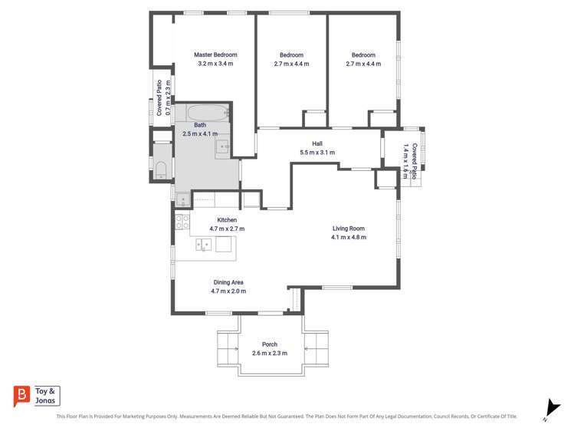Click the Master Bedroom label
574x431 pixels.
[215, 54]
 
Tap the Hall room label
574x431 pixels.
[317, 143]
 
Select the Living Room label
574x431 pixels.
[349, 229]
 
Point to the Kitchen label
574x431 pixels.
[227, 219]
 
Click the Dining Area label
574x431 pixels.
[228, 282]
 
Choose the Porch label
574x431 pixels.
[270, 344]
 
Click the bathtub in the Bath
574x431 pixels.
[208, 113]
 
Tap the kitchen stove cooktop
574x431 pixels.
[182, 222]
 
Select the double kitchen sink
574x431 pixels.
[204, 244]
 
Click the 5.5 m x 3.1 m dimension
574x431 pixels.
[317, 153]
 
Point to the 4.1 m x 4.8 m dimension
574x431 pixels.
[349, 237]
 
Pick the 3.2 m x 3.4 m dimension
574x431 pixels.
[215, 64]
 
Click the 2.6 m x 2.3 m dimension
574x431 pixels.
[270, 353]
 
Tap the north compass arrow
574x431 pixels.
[553, 408]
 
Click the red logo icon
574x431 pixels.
[21, 396]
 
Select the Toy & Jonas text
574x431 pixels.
[45, 396]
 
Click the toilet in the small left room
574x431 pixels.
[161, 170]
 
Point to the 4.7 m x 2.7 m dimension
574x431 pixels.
[227, 229]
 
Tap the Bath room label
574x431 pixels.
[200, 125]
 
